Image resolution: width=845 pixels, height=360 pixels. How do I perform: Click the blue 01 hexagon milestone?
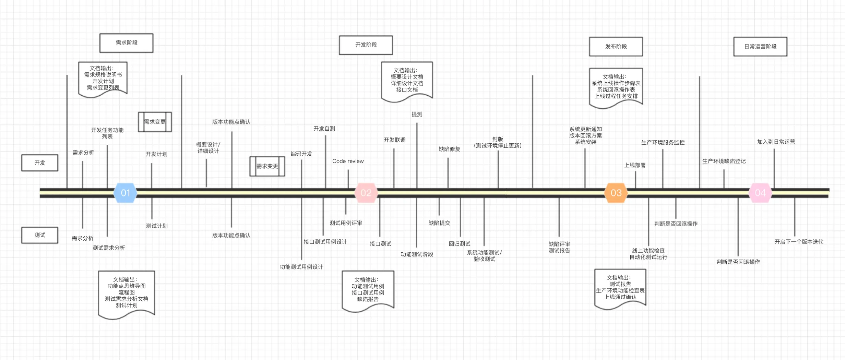point(126,193)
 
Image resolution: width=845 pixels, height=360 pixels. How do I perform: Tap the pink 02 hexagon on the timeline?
point(366,193)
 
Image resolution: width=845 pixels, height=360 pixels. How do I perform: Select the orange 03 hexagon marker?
point(616,193)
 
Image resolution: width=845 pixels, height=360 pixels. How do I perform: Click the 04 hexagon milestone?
point(760,193)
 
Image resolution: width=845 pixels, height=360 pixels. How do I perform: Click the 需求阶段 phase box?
point(127,43)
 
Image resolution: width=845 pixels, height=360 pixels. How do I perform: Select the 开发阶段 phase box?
point(366,45)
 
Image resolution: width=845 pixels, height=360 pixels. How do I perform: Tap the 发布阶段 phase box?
point(616,46)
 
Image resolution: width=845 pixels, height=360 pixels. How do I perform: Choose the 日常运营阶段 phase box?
point(760,46)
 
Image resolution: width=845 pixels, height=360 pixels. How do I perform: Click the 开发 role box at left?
point(40,163)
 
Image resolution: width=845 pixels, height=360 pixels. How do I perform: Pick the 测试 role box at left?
point(40,235)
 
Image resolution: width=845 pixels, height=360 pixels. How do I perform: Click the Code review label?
point(348,161)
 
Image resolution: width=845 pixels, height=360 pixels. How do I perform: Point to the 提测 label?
point(417,114)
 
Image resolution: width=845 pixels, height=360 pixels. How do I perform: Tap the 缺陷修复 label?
point(449,149)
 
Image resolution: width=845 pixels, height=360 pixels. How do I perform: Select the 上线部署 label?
point(635,165)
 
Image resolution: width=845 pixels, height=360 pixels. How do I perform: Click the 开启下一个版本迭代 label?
point(799,242)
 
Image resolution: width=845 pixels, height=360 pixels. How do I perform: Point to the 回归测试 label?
point(460,244)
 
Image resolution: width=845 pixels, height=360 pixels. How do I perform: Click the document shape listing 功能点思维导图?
point(127,295)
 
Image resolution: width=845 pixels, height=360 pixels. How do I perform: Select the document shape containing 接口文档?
point(407,82)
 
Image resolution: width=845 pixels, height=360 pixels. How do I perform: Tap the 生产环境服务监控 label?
point(663,143)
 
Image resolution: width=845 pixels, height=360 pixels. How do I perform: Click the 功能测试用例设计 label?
point(301,267)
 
